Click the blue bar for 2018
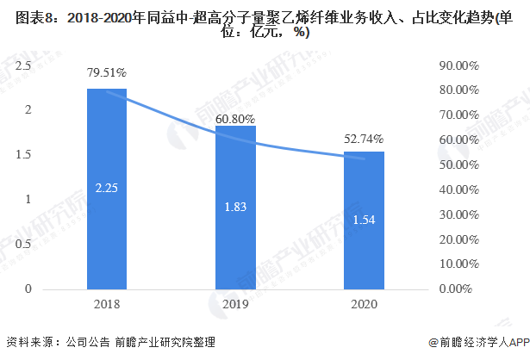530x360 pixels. [x=107, y=189]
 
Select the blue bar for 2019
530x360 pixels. [x=235, y=208]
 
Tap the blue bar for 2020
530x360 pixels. [x=364, y=220]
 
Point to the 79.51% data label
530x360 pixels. [x=107, y=72]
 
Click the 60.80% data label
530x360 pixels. [x=235, y=119]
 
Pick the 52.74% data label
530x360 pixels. [x=364, y=139]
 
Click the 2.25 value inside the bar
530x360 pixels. [x=107, y=188]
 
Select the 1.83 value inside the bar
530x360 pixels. [x=235, y=207]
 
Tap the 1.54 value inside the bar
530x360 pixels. [x=364, y=220]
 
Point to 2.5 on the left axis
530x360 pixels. [x=23, y=65]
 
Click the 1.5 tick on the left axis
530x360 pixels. [x=23, y=154]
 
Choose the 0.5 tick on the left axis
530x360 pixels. [x=23, y=244]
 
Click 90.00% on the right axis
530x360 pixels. [x=459, y=65]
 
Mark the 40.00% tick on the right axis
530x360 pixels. [x=459, y=189]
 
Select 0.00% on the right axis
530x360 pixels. [x=455, y=289]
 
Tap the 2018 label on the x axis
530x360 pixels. [x=107, y=304]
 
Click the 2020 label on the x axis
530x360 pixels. [x=364, y=304]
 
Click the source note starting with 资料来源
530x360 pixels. [x=110, y=342]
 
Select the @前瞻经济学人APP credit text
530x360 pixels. [x=478, y=342]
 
